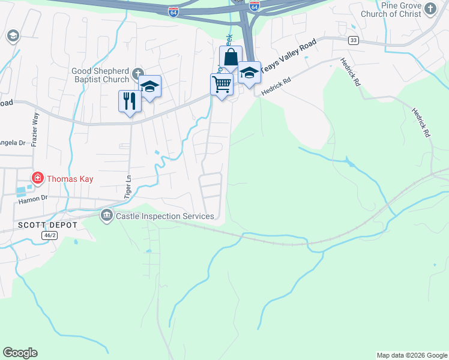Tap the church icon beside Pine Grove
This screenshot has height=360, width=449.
[x=430, y=8]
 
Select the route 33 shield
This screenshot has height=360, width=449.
[x=354, y=40]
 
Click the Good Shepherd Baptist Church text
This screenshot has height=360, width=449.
[x=100, y=75]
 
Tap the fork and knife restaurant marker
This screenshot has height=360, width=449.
[x=130, y=100]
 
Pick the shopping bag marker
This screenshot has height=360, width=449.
[x=231, y=58]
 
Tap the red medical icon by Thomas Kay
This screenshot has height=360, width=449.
[x=37, y=178]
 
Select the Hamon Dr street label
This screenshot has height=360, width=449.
[x=33, y=197]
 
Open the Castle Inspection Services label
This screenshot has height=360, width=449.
[x=165, y=215]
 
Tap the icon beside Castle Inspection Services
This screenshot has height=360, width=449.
[x=107, y=215]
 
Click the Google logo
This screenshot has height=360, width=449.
[x=20, y=353]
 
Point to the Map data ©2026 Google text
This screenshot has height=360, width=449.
[x=411, y=355]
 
